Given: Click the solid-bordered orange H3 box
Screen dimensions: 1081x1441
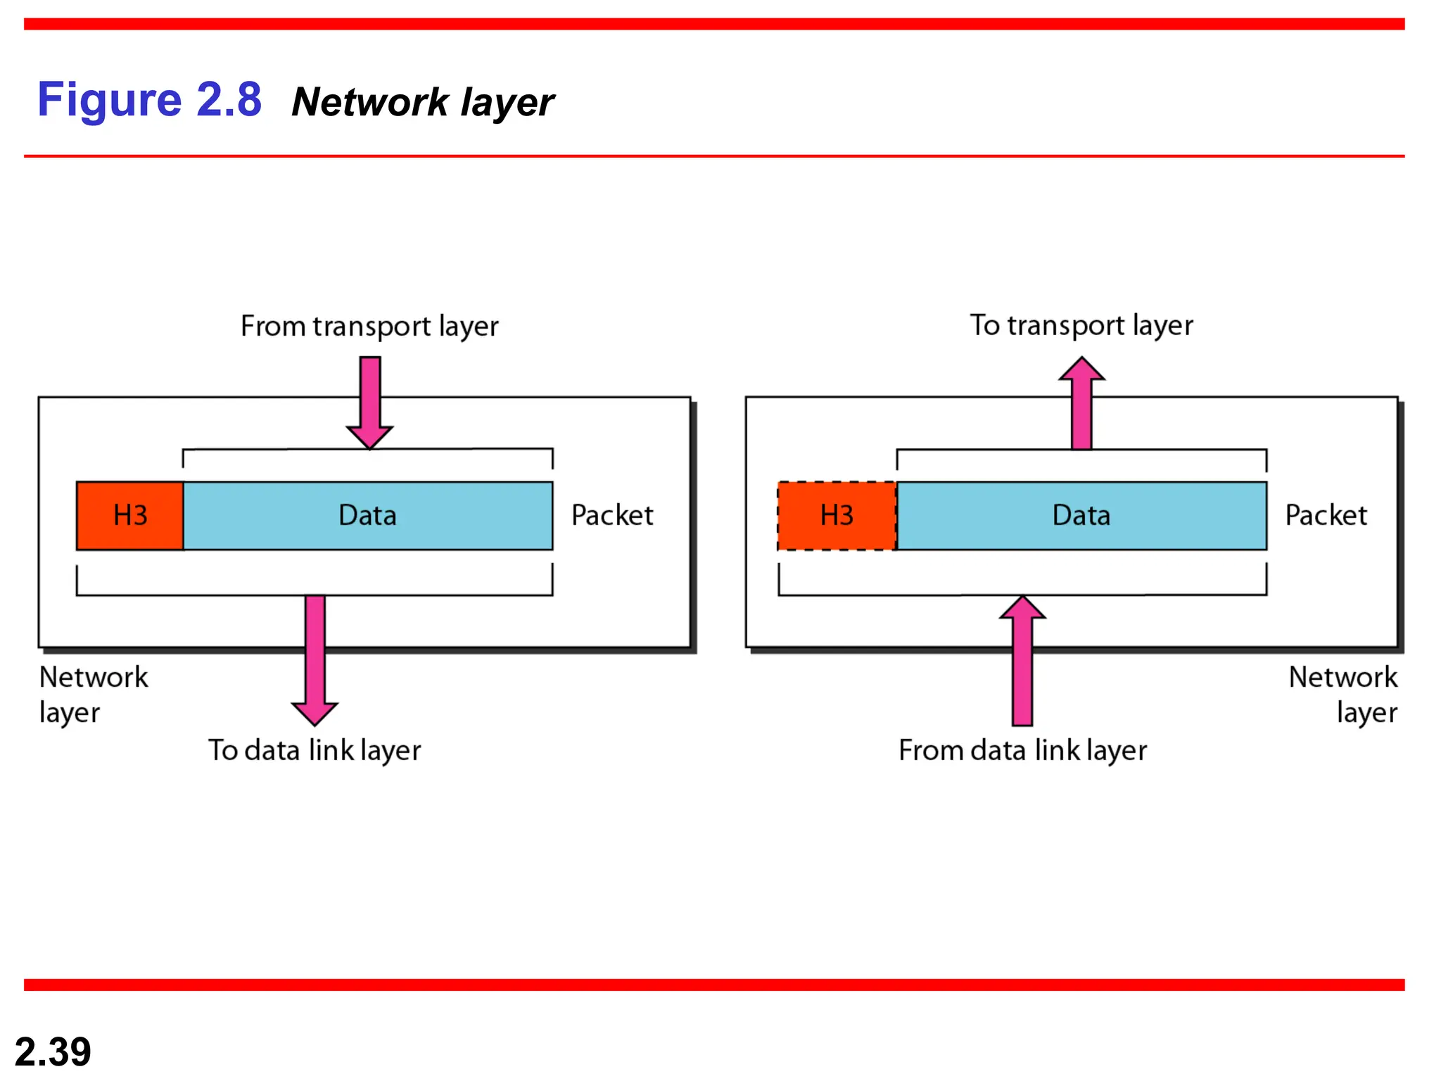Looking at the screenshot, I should click(x=130, y=515).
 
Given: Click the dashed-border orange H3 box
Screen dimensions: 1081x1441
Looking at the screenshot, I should click(x=837, y=515).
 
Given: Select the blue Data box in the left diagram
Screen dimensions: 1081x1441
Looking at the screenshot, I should click(x=368, y=515).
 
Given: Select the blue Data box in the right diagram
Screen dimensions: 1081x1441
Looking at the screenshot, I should click(x=1081, y=515).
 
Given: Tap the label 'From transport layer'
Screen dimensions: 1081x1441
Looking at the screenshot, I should click(x=369, y=327).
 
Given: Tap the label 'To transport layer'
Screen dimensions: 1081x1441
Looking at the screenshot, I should click(x=1081, y=326).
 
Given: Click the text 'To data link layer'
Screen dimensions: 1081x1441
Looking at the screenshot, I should click(x=315, y=750).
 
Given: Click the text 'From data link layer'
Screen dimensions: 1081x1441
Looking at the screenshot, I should click(x=1022, y=750).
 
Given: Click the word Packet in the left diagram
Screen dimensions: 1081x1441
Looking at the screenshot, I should click(x=612, y=515).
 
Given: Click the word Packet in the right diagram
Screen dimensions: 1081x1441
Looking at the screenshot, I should click(x=1326, y=515).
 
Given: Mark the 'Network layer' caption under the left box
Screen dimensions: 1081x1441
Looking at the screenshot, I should click(x=93, y=695).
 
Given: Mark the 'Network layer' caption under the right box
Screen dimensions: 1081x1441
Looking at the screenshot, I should click(x=1344, y=695).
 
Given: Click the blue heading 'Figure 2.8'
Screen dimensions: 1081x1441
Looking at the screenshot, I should click(x=149, y=100).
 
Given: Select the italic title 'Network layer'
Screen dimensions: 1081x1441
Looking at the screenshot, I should click(x=422, y=103).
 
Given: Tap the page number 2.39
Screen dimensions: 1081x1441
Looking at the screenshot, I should click(x=53, y=1051).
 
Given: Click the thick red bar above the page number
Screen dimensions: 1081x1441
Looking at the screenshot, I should click(x=714, y=985).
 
